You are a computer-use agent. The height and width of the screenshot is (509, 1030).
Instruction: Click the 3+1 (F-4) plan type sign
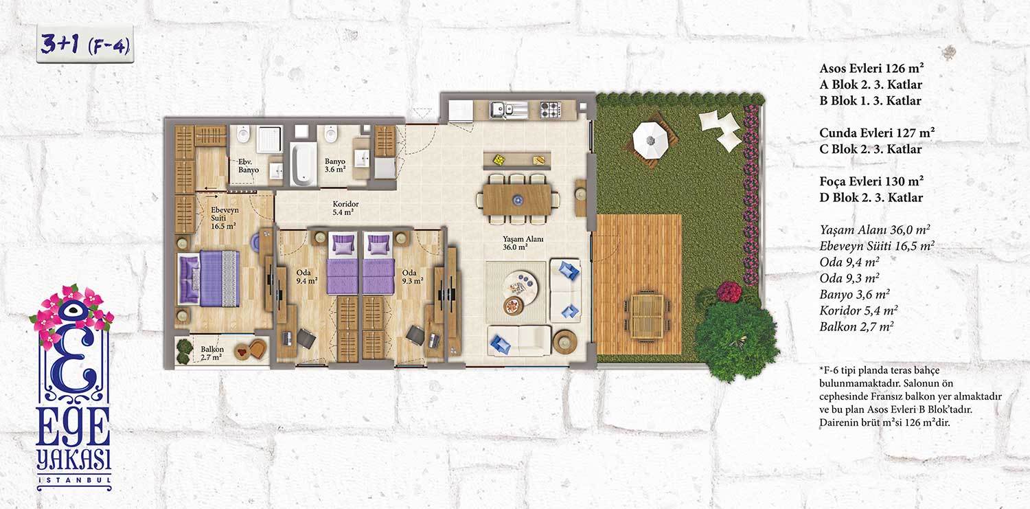click(85, 45)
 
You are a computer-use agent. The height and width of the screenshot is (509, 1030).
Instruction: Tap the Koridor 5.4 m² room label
click(345, 208)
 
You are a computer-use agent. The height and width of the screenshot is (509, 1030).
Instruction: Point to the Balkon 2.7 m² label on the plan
click(212, 353)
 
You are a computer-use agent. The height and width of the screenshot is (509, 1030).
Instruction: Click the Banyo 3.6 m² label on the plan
click(335, 165)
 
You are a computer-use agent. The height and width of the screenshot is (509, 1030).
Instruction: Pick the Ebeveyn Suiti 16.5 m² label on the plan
click(225, 218)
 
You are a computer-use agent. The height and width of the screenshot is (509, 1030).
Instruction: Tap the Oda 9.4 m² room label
click(307, 276)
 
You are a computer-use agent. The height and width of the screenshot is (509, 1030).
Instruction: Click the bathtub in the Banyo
click(303, 164)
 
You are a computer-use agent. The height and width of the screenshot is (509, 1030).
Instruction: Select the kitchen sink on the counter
click(503, 109)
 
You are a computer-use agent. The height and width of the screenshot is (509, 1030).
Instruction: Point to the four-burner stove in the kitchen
click(551, 109)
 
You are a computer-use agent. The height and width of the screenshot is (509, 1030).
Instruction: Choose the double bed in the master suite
click(209, 278)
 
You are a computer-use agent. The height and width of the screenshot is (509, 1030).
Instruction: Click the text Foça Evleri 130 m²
click(871, 181)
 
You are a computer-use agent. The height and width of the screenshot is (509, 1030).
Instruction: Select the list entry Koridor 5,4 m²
click(858, 310)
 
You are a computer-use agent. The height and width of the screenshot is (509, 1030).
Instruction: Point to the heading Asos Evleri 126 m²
click(871, 68)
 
